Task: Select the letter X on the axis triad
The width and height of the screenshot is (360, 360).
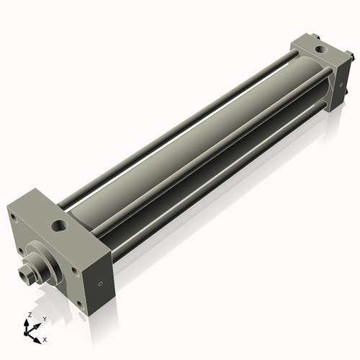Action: point(45,338)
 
